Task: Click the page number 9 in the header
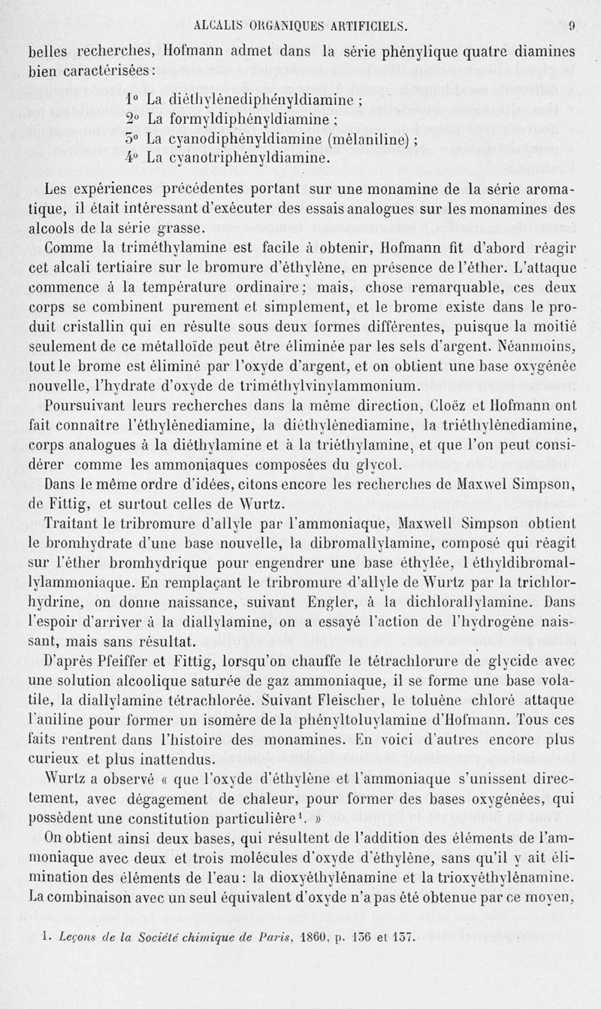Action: [x=572, y=26]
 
